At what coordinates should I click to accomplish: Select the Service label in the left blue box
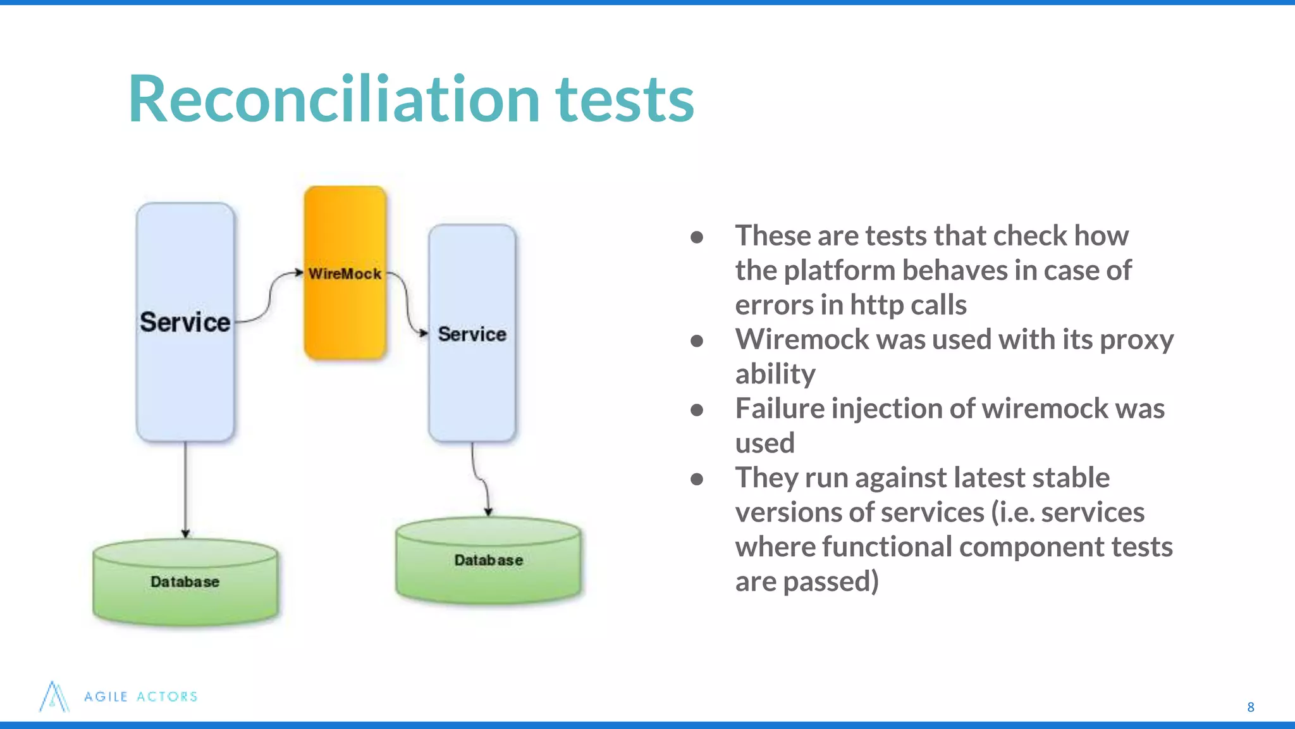pyautogui.click(x=185, y=322)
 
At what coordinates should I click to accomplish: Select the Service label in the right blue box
pyautogui.click(x=472, y=334)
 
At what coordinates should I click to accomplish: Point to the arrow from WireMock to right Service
pyautogui.click(x=406, y=304)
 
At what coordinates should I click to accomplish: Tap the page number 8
pyautogui.click(x=1250, y=707)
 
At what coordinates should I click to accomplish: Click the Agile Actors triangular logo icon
pyautogui.click(x=54, y=697)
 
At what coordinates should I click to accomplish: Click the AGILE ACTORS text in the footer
pyautogui.click(x=141, y=697)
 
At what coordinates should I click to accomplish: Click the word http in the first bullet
pyautogui.click(x=877, y=305)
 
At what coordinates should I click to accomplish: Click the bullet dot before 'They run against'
pyautogui.click(x=697, y=479)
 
